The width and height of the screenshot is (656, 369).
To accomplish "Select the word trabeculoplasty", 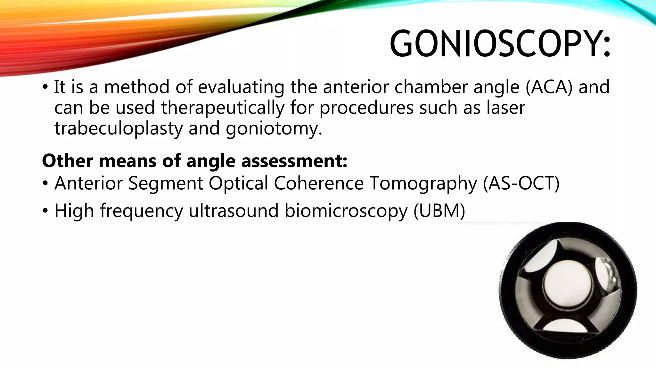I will coord(119,128).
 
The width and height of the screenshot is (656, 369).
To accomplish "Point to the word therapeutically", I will coord(223,108).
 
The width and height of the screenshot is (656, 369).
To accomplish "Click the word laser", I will coord(506,108).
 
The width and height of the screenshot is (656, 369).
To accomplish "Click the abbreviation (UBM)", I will coord(439,211).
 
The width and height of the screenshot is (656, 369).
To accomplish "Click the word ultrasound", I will coord(234,211).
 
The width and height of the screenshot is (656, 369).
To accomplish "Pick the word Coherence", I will coord(319,183).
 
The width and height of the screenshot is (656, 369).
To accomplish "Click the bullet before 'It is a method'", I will coord(45,87).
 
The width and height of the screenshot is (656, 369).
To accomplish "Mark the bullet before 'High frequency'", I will coord(45,211).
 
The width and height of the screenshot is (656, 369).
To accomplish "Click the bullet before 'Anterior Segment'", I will coord(45,184).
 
